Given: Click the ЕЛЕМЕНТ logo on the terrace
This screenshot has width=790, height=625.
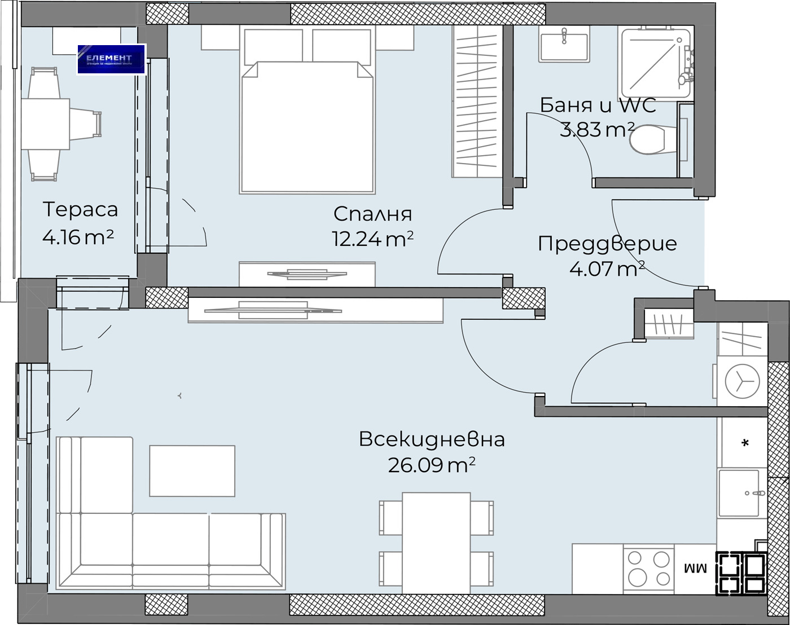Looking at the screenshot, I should point(111,59).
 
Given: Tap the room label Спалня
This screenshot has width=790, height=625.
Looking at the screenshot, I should point(372,214).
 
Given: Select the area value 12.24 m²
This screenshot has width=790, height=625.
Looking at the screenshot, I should point(372,239).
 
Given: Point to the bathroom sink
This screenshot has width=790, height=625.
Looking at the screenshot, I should point(564,45).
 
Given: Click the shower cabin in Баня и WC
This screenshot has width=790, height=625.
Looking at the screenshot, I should point(655,62).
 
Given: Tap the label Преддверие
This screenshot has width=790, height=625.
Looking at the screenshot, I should point(607,244).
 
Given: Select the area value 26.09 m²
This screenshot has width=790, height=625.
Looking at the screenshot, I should point(431,465).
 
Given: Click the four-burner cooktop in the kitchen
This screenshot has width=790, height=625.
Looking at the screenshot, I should point(648,568).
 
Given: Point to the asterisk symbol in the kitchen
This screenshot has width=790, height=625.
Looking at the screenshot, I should point(745,443).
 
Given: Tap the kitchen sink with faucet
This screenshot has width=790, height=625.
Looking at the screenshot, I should point(741,493).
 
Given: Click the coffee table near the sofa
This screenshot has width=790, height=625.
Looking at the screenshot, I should point(192,470).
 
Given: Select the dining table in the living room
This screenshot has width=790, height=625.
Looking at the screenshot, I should point(436,542).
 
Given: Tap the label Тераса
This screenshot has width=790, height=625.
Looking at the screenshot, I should point(80,209).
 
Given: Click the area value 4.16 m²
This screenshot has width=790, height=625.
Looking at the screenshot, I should point(78,236).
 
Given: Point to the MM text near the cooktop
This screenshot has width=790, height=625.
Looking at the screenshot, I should point(695,568).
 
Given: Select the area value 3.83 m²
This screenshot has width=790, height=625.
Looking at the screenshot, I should point(597,130).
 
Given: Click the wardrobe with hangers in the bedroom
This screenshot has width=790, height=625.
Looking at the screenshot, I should point(477,102).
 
